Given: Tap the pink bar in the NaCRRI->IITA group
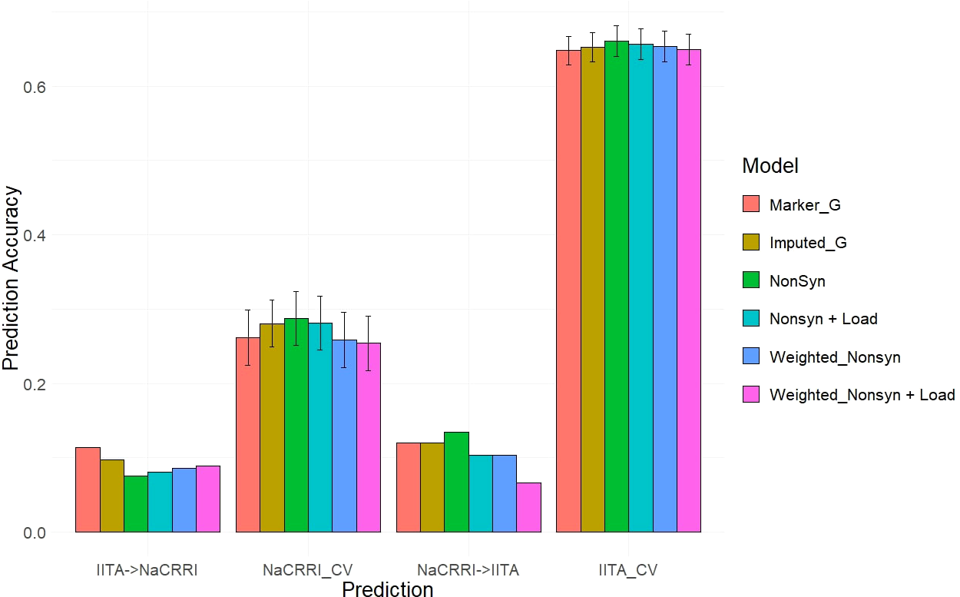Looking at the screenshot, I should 528,508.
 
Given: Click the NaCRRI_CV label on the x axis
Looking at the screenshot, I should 307,570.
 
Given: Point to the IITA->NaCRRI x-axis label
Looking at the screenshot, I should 148,570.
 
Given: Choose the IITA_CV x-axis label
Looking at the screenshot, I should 628,570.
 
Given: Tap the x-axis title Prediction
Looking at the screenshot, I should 387,589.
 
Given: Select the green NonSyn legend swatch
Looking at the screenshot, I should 751,280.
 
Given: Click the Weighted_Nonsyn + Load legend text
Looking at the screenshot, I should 862,395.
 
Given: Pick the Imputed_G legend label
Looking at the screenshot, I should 808,243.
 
